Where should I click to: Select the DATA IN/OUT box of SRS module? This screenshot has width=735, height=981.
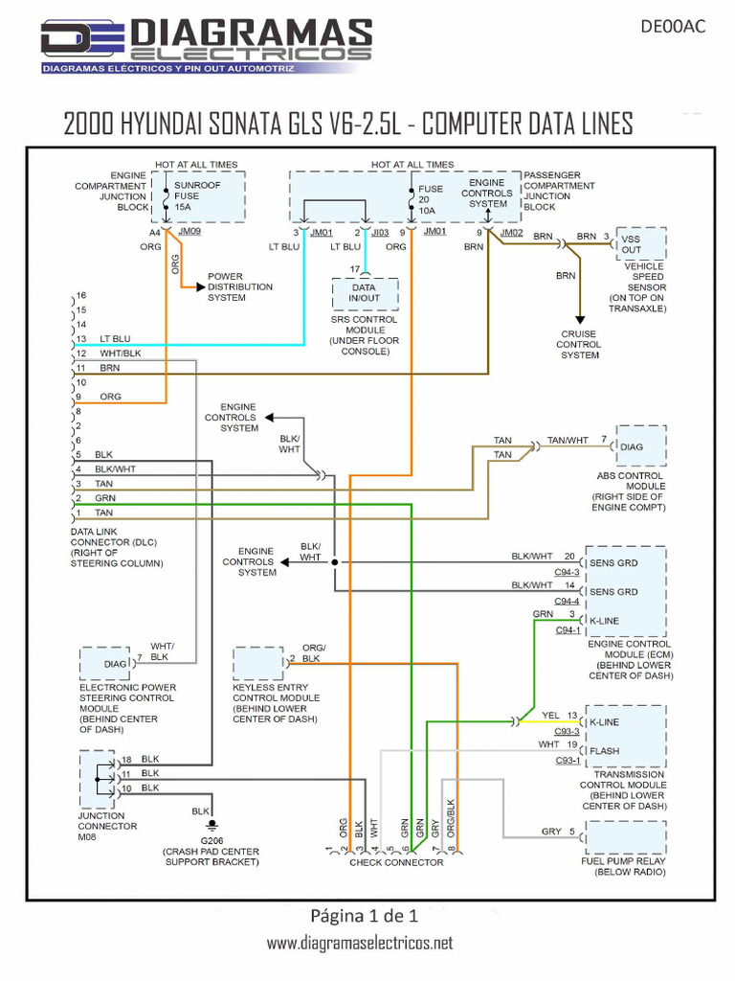coord(364,292)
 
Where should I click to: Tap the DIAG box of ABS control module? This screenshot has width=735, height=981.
coord(640,446)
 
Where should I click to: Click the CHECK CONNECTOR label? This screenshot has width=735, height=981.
coord(396,862)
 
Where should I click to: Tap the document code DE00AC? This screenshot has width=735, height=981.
coord(672,26)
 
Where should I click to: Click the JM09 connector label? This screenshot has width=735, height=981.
coord(190,232)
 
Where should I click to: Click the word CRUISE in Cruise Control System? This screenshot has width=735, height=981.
coord(578,334)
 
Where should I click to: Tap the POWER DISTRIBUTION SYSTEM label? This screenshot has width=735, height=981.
coord(239,286)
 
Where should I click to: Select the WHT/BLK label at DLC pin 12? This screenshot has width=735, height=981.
coord(120,354)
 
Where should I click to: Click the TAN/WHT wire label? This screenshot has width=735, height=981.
coord(568,440)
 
